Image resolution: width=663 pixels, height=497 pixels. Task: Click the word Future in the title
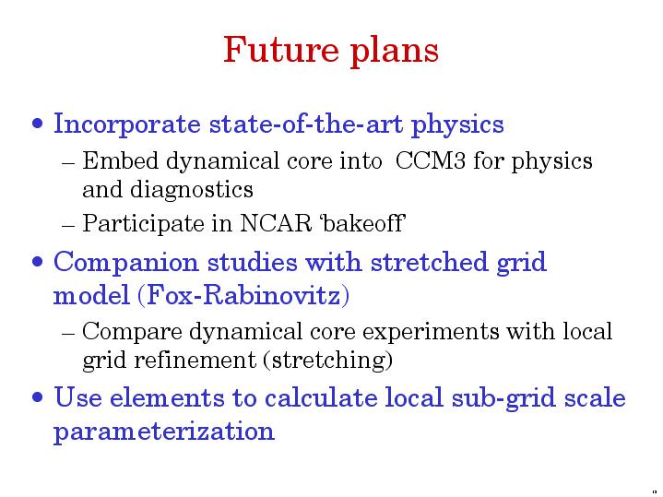click(281, 50)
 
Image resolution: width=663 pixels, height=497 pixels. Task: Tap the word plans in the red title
click(395, 52)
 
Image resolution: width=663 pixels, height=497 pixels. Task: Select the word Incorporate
click(127, 124)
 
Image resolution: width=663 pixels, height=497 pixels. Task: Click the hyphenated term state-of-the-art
click(306, 124)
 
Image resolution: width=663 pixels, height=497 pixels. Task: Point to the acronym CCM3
click(431, 161)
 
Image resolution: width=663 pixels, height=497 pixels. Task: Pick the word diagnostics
click(192, 190)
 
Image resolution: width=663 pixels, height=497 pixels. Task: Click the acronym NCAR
click(276, 223)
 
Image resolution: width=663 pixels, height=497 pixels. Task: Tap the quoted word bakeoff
click(363, 222)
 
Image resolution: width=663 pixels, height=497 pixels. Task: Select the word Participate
click(143, 224)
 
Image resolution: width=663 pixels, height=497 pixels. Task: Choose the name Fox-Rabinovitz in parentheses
click(243, 295)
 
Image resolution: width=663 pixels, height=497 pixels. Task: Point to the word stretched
click(429, 261)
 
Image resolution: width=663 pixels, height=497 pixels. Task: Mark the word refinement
click(195, 360)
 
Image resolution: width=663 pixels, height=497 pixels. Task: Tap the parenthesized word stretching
click(328, 361)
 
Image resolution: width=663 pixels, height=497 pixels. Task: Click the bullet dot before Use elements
click(38, 397)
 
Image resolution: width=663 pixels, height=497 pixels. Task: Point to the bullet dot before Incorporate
click(38, 124)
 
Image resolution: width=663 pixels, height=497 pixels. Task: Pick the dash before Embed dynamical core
click(68, 163)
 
